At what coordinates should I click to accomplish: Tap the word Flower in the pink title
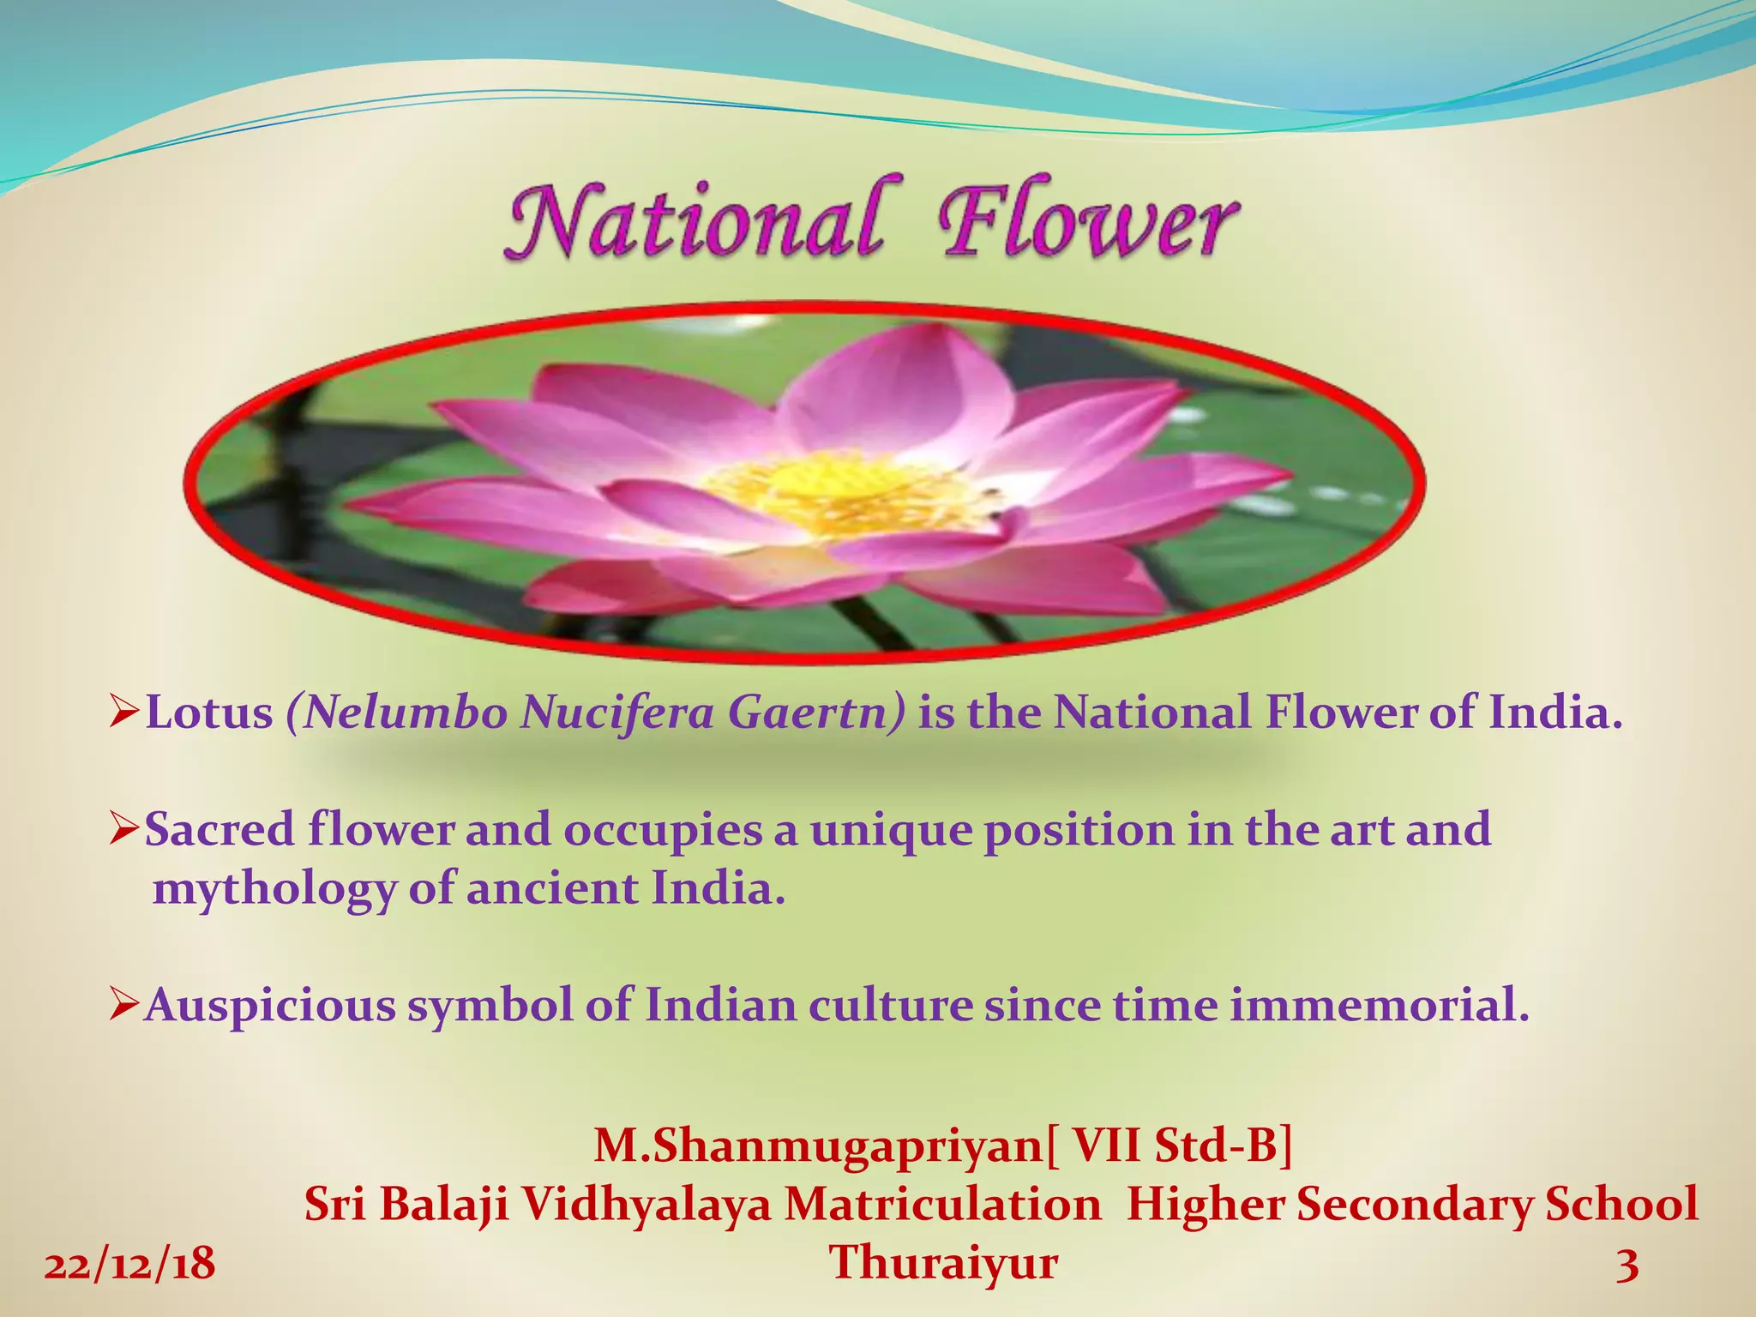click(1087, 219)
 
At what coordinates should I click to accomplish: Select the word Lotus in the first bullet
click(209, 713)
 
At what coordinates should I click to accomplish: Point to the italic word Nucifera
click(617, 713)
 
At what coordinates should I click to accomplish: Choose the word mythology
click(274, 889)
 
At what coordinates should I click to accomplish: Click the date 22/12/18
click(129, 1265)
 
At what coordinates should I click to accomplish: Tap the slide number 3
click(1627, 1265)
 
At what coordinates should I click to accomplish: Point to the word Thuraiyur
click(943, 1263)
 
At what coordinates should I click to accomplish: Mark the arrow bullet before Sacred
click(125, 828)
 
